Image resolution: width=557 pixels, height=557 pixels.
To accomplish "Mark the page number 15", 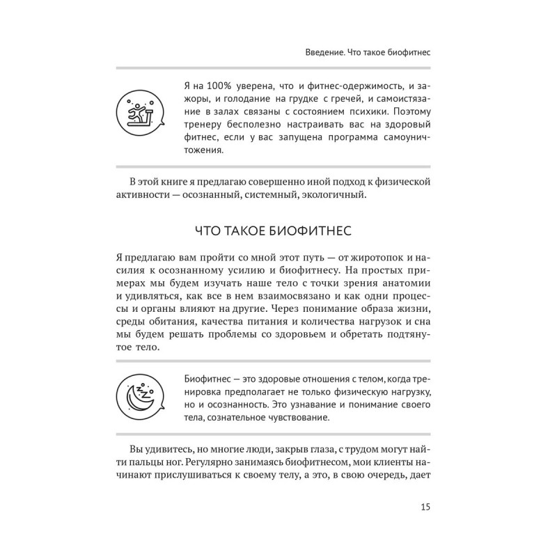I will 425,506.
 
